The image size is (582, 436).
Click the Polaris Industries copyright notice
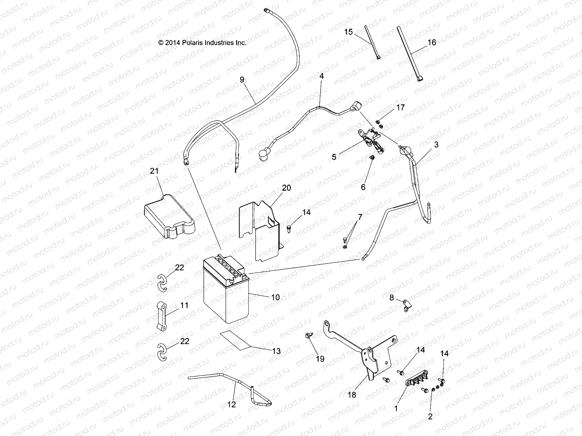203,43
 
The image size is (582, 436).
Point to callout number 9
242,80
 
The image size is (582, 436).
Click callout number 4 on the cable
321,77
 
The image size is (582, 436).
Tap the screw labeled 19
309,336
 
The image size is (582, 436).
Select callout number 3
436,145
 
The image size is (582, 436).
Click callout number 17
400,108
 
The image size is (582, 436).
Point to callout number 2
430,417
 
